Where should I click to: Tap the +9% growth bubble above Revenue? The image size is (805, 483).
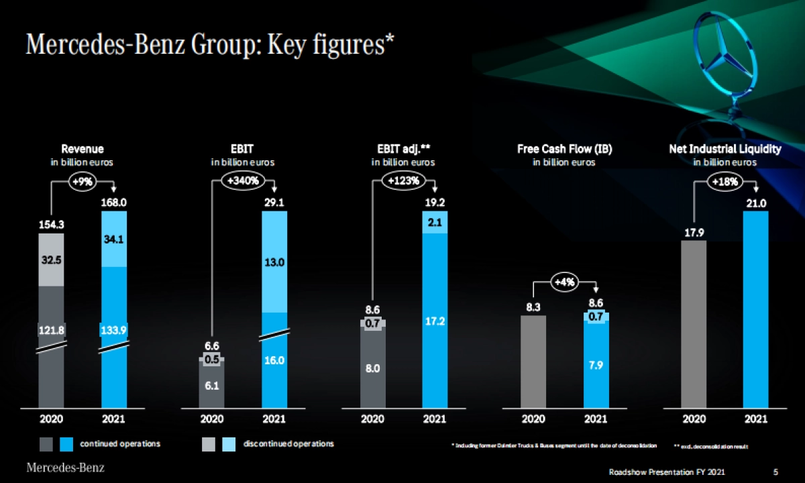click(83, 180)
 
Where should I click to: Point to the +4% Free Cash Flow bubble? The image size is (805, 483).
click(565, 282)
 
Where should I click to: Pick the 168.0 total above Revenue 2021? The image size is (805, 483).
click(113, 202)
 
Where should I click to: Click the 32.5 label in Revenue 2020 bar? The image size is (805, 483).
click(51, 260)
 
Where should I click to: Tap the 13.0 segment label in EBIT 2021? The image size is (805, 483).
click(274, 262)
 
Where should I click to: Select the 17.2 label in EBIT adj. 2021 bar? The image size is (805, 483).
click(435, 322)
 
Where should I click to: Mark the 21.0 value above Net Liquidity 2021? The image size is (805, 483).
click(756, 203)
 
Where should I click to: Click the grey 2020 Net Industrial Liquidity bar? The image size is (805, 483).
click(694, 322)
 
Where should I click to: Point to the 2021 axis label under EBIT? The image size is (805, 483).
click(274, 419)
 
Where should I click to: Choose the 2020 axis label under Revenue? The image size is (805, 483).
click(51, 419)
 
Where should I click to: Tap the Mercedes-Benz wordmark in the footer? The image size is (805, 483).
click(65, 467)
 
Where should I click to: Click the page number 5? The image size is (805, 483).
click(775, 472)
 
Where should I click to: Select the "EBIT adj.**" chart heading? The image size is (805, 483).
click(403, 149)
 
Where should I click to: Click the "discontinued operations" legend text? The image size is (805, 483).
click(289, 444)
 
